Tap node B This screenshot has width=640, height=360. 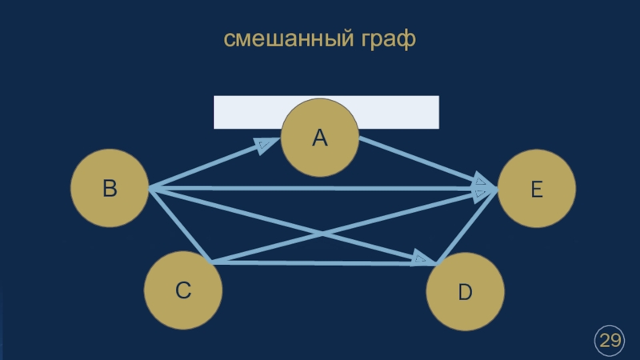tap(110, 189)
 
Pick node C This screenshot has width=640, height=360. tap(183, 290)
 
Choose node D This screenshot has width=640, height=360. tap(465, 293)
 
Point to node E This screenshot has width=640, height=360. tap(537, 190)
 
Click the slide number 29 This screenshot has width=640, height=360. tap(610, 340)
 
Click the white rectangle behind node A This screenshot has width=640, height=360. tap(240, 112)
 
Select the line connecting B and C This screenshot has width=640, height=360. tap(178, 225)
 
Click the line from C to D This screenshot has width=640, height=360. tap(320, 263)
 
